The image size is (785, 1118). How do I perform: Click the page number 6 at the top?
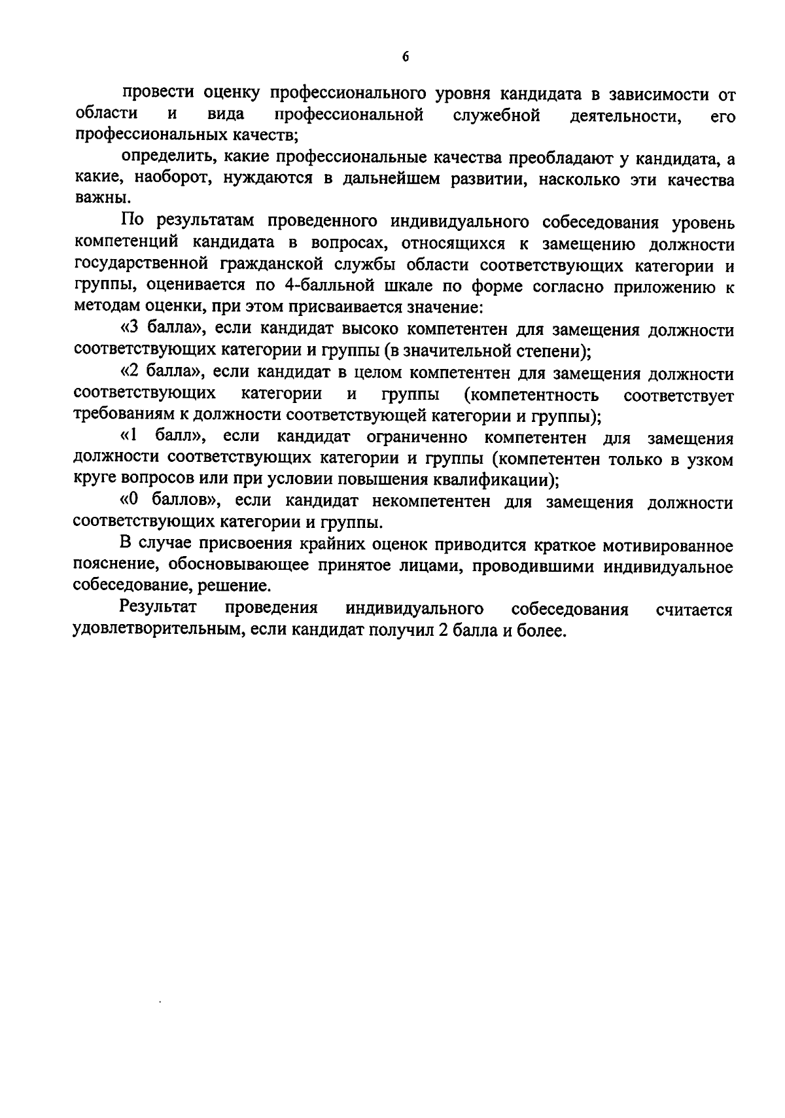(406, 57)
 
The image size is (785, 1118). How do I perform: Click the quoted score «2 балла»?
(158, 374)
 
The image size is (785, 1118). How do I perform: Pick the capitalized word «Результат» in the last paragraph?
(158, 608)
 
